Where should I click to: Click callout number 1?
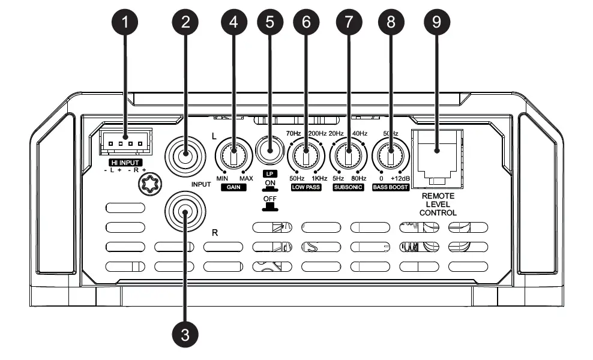125,23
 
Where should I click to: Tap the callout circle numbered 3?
185,334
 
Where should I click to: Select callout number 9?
436,23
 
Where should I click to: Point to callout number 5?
269,23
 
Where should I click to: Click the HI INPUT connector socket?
125,143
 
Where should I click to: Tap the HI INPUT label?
125,162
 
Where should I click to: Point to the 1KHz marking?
319,178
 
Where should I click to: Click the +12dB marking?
400,178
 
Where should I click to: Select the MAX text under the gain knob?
246,178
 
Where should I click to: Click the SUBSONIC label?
349,188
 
